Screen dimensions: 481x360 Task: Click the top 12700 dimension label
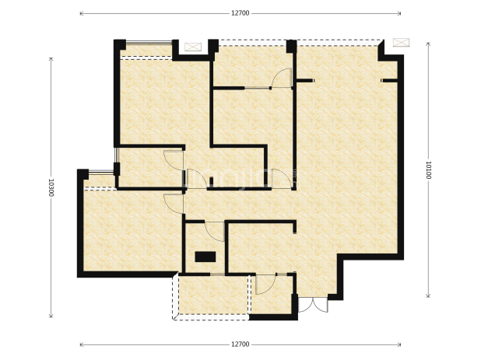[240, 13]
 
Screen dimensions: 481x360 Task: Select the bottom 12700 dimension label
[240, 344]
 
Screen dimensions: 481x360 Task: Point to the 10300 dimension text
[51, 188]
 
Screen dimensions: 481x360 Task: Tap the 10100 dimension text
[428, 170]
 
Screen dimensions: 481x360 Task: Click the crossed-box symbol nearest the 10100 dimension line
[402, 42]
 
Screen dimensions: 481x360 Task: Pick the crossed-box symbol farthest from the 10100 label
[193, 47]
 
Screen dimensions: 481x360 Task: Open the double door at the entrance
[313, 305]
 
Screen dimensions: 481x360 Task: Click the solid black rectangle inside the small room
[205, 257]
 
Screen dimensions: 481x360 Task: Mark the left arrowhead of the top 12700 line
[81, 13]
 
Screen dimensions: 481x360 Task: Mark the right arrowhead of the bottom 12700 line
[399, 344]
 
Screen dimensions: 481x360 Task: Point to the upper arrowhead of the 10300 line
[51, 59]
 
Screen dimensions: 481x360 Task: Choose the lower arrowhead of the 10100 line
[428, 295]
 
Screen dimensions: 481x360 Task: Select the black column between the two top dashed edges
[291, 47]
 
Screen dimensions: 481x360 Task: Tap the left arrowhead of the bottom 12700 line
[81, 344]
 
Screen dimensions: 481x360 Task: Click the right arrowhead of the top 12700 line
[399, 13]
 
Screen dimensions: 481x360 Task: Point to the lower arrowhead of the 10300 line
[51, 316]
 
